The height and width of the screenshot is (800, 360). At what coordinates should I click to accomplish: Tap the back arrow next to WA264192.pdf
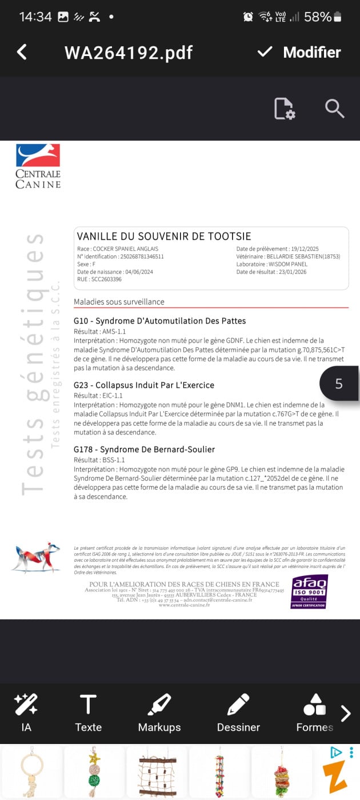[x=22, y=52]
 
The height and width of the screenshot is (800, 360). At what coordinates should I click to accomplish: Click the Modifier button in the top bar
[x=299, y=53]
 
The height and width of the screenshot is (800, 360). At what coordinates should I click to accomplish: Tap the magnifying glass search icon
[x=334, y=108]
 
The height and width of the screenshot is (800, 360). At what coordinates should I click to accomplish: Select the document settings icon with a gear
[x=284, y=109]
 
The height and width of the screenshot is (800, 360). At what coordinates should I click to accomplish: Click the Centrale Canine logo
[x=38, y=166]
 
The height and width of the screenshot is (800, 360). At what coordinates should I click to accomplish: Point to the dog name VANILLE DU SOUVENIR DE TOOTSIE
[x=164, y=237]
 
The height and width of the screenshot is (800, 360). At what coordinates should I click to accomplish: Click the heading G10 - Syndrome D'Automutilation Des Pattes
[x=160, y=321]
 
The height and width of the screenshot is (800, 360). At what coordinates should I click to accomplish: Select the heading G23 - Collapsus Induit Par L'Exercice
[x=144, y=385]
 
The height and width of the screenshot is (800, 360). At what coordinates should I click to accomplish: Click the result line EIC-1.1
[x=98, y=395]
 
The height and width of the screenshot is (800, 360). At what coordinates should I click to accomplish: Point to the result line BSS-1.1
[x=99, y=460]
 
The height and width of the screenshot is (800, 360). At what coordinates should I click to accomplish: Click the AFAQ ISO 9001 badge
[x=309, y=591]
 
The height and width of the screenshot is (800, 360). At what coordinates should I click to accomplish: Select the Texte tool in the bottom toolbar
[x=88, y=712]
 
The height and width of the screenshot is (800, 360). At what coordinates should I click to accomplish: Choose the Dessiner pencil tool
[x=238, y=712]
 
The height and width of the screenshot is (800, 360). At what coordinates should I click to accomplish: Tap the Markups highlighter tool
[x=159, y=712]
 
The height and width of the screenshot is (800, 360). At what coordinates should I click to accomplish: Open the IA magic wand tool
[x=26, y=712]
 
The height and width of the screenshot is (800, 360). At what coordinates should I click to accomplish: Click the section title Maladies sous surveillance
[x=119, y=302]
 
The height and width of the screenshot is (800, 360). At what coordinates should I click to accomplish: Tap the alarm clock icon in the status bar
[x=248, y=17]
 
